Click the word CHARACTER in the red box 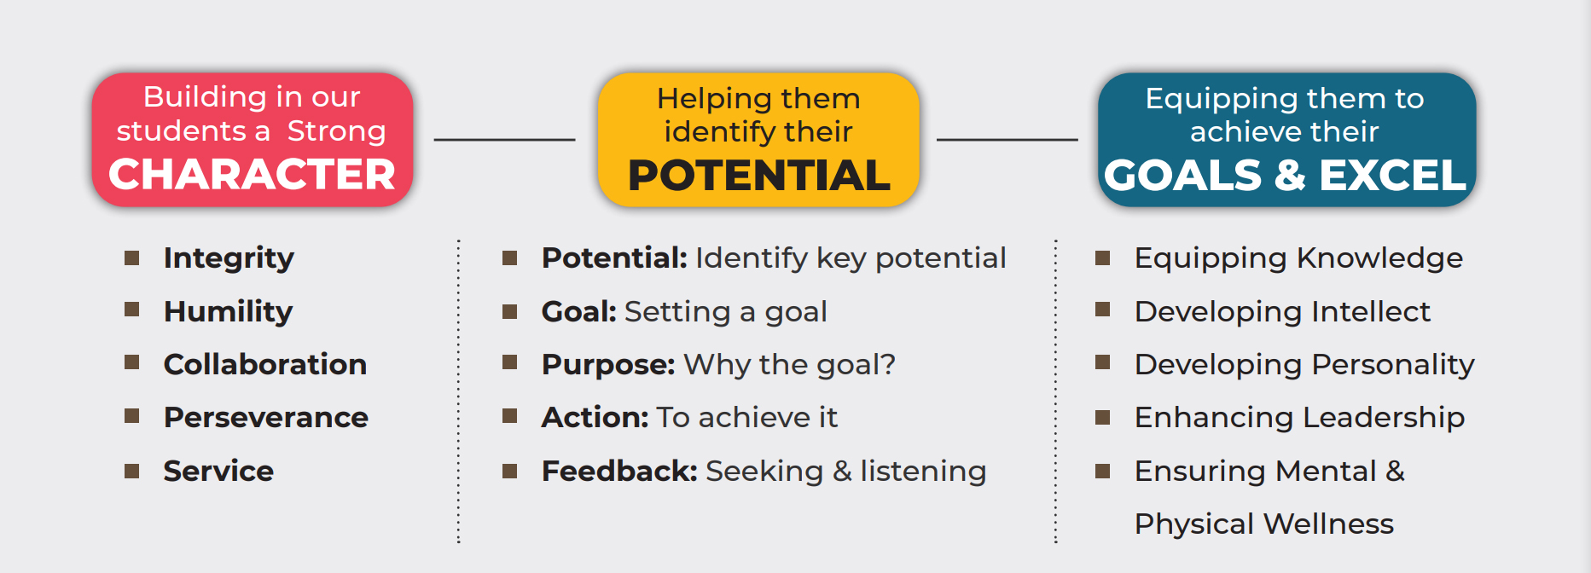point(253,174)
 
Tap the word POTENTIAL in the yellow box point(759,176)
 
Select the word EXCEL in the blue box point(1392,176)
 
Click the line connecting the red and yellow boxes point(504,139)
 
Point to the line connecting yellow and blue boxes point(1007,139)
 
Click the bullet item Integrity point(229,258)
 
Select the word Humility point(228,312)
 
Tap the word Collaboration point(265,364)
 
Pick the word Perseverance point(266,418)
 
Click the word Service point(218,471)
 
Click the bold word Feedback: point(619,471)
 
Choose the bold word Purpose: point(608,365)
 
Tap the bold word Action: point(595,418)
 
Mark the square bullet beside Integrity point(131,258)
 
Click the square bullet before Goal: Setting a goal point(509,311)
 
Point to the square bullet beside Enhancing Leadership point(1102,417)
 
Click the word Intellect point(1371,311)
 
